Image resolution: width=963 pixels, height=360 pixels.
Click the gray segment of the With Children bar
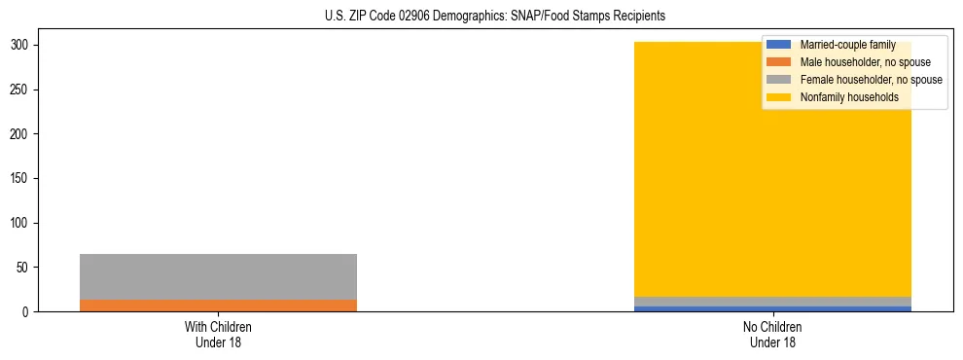(218, 276)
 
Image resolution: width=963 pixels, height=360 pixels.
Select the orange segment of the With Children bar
(218, 306)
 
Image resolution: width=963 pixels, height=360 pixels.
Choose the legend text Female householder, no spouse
(871, 80)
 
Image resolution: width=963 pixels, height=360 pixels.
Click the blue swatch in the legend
(779, 45)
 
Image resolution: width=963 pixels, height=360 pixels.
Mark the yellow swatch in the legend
(779, 97)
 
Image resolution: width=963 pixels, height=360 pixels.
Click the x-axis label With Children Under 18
(218, 335)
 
